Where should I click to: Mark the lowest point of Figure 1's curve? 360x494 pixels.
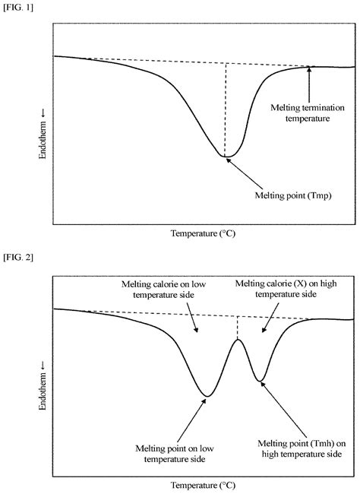(x=226, y=157)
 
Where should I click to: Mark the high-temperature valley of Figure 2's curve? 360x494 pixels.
(x=261, y=379)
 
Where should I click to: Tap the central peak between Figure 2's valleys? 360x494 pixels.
(x=238, y=339)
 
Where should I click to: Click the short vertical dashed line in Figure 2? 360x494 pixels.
(x=238, y=327)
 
